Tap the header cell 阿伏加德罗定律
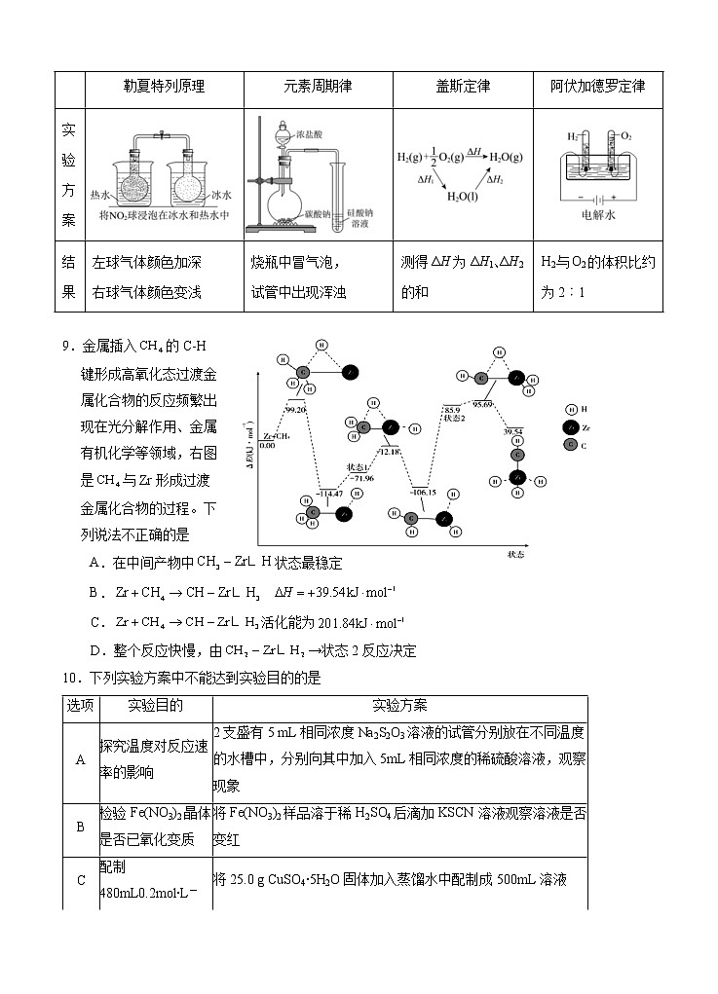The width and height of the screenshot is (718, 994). point(598,87)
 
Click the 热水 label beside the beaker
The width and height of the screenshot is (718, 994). point(101,194)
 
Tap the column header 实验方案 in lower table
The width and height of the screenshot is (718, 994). point(399,706)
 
